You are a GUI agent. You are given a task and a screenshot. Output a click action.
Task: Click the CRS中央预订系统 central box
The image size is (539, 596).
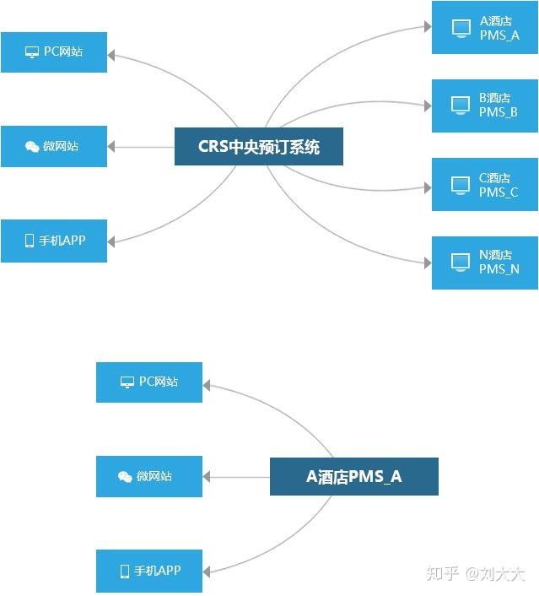258,147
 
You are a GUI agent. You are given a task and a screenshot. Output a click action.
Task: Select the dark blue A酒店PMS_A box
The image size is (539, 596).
353,476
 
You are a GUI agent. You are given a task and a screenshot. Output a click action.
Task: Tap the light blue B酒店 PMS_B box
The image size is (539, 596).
484,106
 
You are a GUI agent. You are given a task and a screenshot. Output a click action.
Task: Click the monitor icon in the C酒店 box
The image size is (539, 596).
461,184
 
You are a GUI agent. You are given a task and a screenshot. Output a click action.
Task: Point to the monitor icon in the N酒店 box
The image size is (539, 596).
461,262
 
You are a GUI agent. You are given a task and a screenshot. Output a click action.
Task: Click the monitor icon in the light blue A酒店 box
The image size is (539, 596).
461,28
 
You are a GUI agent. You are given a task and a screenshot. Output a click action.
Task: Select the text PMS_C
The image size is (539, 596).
499,192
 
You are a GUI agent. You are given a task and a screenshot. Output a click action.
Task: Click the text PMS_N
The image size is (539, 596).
499,269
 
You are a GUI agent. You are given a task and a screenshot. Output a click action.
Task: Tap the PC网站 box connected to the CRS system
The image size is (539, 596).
54,52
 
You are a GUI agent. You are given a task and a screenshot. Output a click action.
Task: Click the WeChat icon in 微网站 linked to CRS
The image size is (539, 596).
32,147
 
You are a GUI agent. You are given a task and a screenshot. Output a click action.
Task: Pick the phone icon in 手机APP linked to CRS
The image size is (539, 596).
30,241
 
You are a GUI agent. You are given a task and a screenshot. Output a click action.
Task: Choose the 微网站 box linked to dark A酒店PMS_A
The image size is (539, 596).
149,476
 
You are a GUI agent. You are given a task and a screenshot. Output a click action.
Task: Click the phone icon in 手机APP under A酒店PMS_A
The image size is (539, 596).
125,571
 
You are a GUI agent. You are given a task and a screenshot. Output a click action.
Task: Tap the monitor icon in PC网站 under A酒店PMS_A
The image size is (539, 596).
127,382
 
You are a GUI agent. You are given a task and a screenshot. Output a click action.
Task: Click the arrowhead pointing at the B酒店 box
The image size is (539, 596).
427,106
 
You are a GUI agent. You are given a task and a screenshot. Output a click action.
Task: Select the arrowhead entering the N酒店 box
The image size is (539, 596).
427,263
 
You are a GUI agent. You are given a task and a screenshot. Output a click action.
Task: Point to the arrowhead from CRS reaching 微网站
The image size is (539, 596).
112,147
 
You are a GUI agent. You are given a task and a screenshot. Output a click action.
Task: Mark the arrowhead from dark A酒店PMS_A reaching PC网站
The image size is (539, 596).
208,386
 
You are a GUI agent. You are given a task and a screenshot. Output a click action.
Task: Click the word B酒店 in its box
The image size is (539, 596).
494,99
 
